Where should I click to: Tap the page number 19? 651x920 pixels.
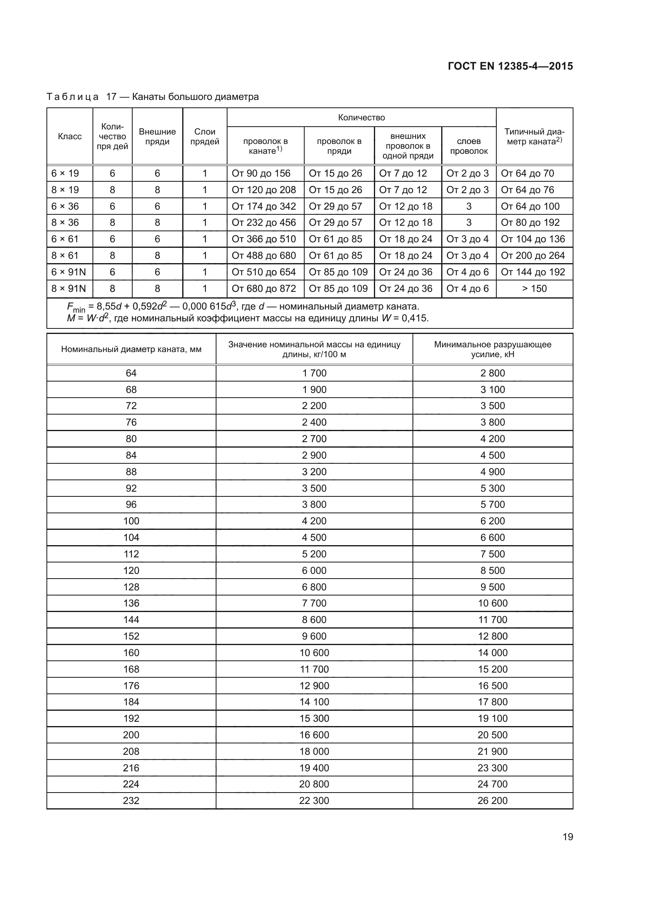568,837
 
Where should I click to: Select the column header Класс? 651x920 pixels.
70,136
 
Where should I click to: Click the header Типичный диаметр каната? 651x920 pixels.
534,136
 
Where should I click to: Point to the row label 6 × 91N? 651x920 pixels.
68,272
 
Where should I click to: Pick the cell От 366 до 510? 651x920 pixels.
264,239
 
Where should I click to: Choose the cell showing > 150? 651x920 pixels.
534,288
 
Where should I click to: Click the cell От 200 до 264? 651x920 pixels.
533,256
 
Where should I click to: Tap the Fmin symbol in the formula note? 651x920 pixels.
76,307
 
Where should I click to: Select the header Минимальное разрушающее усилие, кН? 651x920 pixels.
493,349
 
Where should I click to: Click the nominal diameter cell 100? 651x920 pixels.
131,521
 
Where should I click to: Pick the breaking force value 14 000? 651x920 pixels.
493,653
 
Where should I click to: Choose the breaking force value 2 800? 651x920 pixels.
493,373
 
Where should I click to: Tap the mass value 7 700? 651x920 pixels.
314,603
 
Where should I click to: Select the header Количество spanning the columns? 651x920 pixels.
361,117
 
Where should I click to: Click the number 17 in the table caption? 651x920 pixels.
111,97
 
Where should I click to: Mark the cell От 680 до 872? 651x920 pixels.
264,288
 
